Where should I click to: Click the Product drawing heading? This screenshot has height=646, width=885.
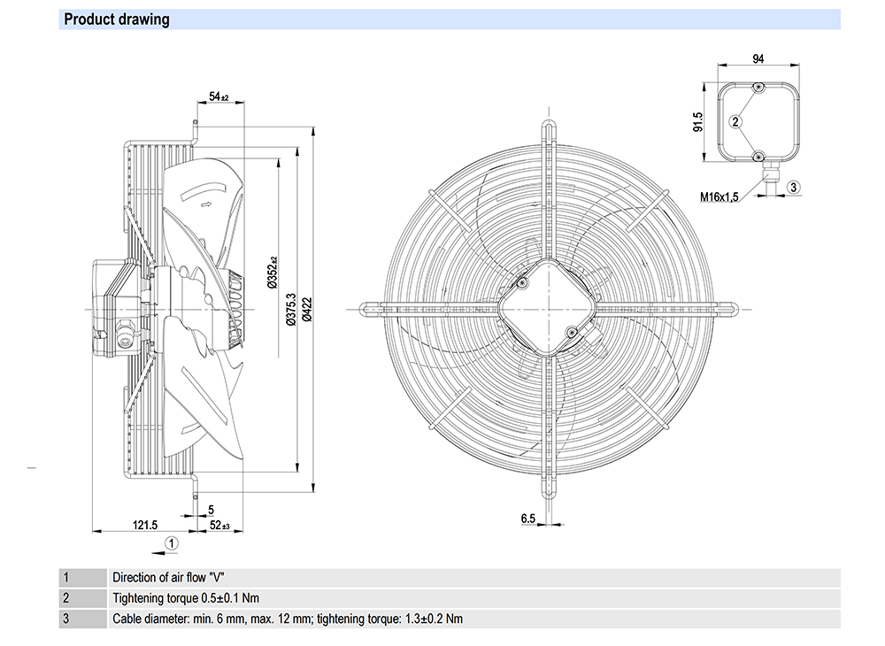click(x=117, y=19)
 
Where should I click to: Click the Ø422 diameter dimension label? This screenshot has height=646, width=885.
click(x=306, y=313)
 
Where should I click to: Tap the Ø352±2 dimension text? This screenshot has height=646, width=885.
click(x=273, y=271)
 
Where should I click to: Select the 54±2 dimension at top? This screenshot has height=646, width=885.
click(x=219, y=96)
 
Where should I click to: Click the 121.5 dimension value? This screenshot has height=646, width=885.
click(x=145, y=525)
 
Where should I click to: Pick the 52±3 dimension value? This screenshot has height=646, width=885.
click(x=219, y=525)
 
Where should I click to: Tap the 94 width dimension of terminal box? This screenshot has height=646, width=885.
click(x=758, y=60)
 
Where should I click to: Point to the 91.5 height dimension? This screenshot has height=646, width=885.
click(x=698, y=121)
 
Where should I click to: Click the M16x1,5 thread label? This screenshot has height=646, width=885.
click(x=727, y=196)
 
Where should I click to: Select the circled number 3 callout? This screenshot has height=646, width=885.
click(x=794, y=187)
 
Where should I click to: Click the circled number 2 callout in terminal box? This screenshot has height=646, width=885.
click(x=735, y=121)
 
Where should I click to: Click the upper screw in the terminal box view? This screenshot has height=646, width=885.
click(x=758, y=88)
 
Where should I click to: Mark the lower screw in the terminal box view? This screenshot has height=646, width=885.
click(x=758, y=156)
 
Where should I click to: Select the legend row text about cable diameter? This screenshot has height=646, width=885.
click(x=288, y=619)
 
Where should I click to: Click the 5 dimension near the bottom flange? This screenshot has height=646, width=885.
click(x=211, y=509)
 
